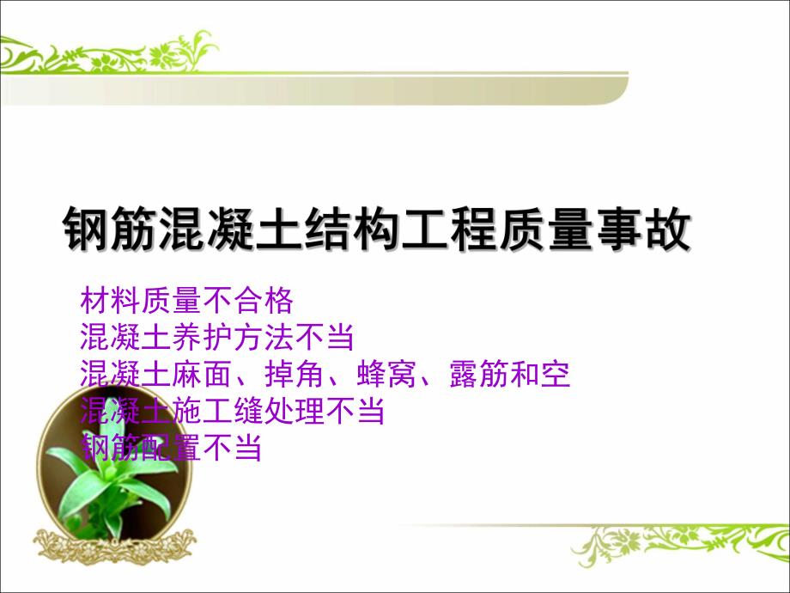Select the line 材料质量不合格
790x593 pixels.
(186, 301)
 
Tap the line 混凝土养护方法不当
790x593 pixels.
(216, 337)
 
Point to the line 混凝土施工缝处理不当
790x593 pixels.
(231, 412)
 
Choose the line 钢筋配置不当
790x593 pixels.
(171, 448)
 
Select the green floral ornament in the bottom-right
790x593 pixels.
(678, 541)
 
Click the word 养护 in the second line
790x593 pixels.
(216, 337)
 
